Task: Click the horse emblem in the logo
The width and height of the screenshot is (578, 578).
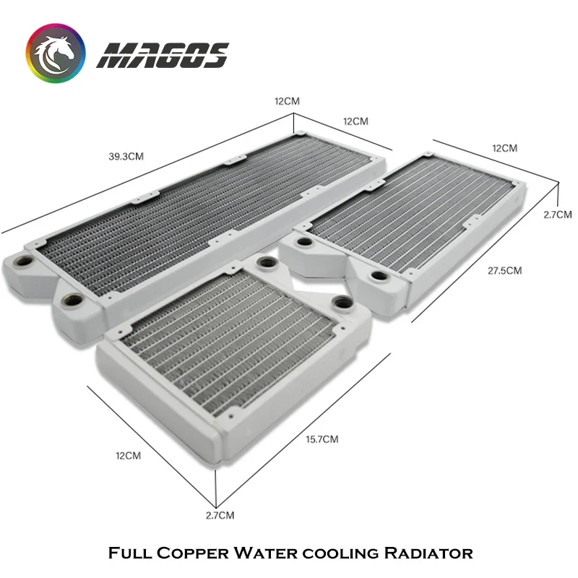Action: [56, 53]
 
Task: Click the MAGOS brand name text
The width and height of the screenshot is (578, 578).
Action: [163, 56]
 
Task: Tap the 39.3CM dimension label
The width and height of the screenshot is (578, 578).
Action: [126, 157]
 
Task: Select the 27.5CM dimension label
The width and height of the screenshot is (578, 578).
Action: [504, 271]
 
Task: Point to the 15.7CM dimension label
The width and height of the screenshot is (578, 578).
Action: [322, 439]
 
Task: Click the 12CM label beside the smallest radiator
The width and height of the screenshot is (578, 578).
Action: [129, 456]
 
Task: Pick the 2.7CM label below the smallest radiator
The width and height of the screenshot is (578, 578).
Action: [220, 515]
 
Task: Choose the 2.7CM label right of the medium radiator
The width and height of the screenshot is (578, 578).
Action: [558, 215]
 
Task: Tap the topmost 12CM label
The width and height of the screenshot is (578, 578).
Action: [287, 101]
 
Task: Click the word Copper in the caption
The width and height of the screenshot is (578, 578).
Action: [193, 553]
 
